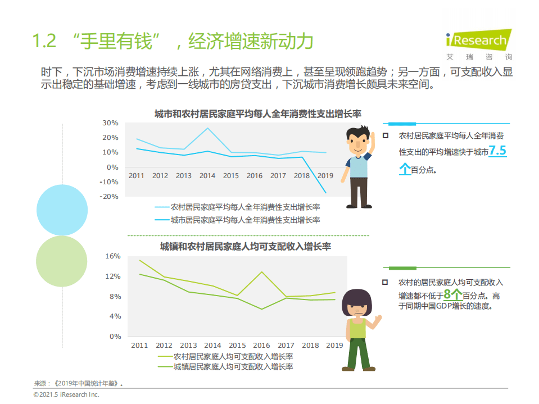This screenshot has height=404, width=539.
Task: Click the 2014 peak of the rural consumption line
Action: [207, 128]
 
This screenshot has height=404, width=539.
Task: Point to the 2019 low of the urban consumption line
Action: [325, 193]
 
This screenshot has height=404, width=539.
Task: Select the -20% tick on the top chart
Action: [110, 196]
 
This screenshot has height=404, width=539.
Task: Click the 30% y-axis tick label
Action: [111, 123]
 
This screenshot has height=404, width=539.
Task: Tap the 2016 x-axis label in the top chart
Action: [255, 175]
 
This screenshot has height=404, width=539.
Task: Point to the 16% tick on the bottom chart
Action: [113, 256]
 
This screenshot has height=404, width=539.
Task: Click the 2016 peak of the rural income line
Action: [261, 272]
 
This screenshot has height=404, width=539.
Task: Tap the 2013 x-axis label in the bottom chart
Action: [188, 345]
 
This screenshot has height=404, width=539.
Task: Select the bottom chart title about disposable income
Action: [246, 246]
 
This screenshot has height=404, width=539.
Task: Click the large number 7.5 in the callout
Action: [497, 151]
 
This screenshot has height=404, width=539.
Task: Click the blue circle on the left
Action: [62, 209]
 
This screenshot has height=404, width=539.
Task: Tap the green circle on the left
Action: [61, 261]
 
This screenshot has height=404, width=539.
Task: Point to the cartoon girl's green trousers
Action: [357, 352]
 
